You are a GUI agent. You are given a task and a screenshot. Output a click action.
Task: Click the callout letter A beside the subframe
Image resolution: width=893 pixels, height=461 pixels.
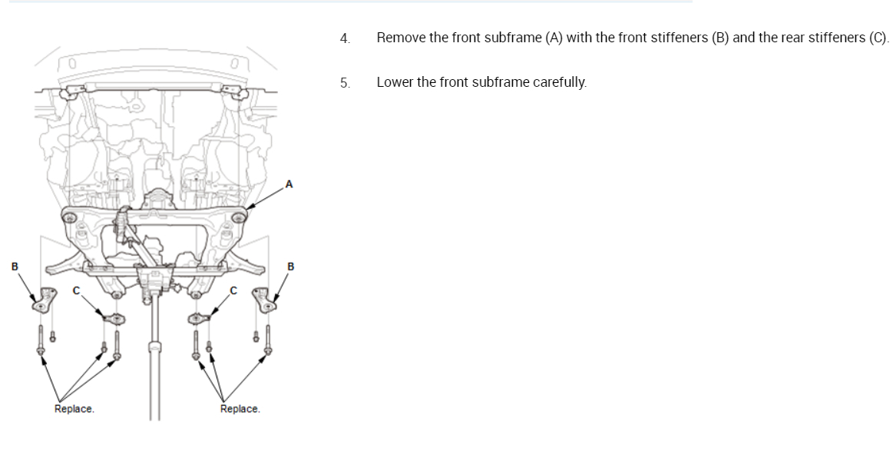289,184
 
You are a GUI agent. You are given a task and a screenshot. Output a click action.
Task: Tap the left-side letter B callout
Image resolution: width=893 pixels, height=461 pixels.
14,267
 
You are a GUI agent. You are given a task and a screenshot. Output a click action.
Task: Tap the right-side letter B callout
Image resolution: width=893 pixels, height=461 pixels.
290,267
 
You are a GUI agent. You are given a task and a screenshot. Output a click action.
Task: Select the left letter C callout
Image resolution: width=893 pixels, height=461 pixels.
75,290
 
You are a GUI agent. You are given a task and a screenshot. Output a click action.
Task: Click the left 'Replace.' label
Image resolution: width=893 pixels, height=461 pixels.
74,409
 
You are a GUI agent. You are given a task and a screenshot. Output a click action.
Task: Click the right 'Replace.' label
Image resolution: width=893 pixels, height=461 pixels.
240,409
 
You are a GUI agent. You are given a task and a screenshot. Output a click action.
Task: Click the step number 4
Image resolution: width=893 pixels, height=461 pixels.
345,38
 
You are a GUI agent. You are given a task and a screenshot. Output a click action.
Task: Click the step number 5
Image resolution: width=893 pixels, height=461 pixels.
345,82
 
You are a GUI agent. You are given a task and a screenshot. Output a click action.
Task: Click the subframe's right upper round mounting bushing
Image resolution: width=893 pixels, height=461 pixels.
239,218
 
